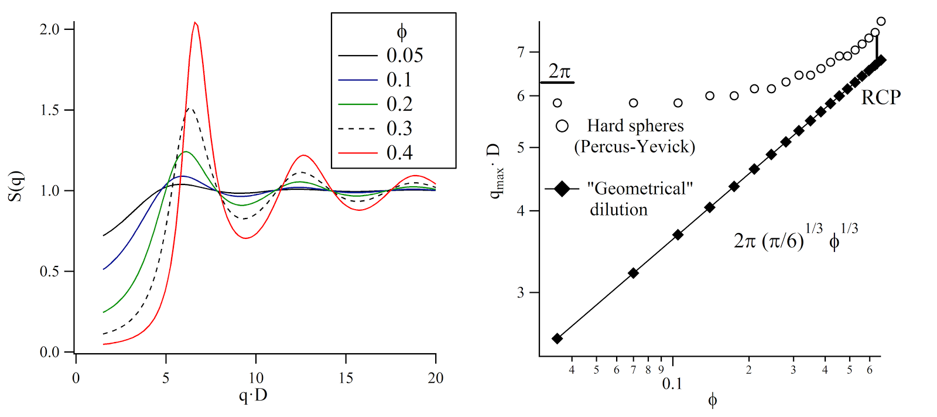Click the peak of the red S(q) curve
(196, 23)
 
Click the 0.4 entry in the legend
(399, 153)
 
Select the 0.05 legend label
(405, 56)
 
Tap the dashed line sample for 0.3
(358, 128)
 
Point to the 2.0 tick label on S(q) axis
(50, 29)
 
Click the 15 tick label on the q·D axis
(346, 378)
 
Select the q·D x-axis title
(253, 395)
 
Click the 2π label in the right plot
(559, 71)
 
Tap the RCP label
(881, 97)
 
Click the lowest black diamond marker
(558, 339)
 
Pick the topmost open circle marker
(881, 22)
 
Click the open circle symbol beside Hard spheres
(562, 126)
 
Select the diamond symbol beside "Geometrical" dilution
(562, 189)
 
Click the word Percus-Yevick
(635, 146)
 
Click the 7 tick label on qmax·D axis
(521, 52)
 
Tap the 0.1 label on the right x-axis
(672, 384)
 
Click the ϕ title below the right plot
(712, 401)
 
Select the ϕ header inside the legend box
(401, 32)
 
